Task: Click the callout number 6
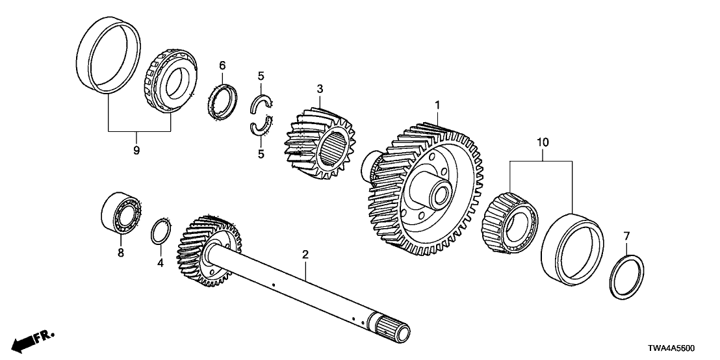tap(222, 65)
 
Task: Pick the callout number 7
tap(626, 235)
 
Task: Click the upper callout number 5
tap(260, 76)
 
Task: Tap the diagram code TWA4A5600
tap(684, 349)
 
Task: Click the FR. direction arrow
tap(32, 339)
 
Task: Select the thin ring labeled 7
tap(627, 277)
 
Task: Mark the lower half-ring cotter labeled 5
tap(261, 125)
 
